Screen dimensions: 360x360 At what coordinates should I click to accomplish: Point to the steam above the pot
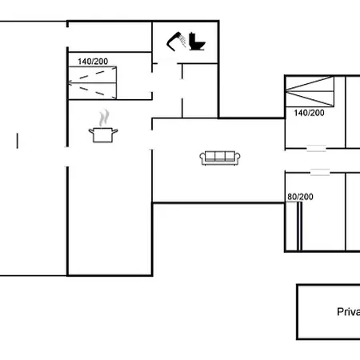[x=103, y=118]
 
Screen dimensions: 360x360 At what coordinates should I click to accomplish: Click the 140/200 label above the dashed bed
[x=94, y=61]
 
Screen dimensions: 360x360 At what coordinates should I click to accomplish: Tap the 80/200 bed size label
[x=301, y=196]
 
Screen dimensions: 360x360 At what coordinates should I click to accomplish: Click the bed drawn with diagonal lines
[x=310, y=91]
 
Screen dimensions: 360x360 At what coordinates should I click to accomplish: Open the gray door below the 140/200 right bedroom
[x=317, y=148]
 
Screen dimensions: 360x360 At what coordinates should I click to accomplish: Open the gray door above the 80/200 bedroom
[x=321, y=172]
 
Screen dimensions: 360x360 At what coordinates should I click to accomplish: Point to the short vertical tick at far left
[x=17, y=142]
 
